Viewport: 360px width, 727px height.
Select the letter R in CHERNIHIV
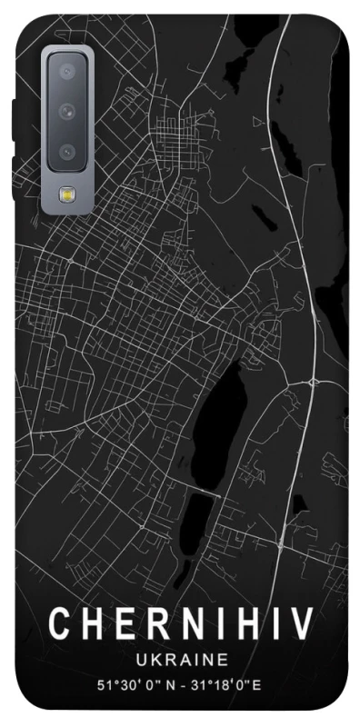[x=151, y=626]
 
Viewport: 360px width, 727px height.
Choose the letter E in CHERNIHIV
[x=120, y=626]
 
